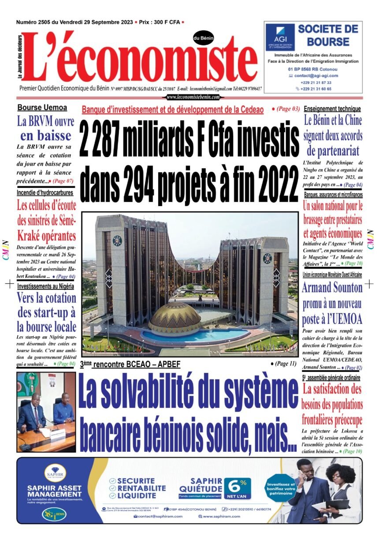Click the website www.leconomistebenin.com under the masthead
tap(193, 97)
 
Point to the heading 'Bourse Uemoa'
tap(42, 107)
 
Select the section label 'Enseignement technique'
tap(332, 109)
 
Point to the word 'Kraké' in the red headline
tap(31, 235)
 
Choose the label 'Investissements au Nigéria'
tap(45, 286)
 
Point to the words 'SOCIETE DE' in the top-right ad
tap(328, 30)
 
